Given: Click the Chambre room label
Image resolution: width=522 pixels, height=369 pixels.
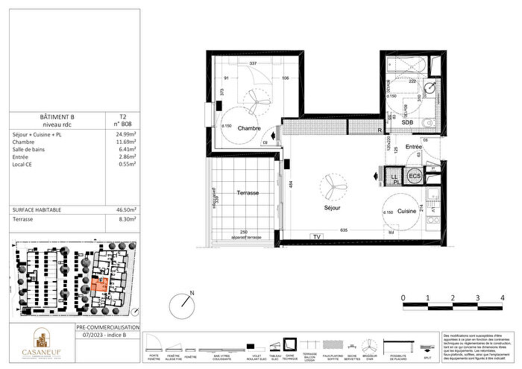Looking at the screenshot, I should point(248,128).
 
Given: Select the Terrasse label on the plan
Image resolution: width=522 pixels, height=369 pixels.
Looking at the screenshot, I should point(248,192).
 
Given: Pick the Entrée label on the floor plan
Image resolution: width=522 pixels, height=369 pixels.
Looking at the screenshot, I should point(413,147).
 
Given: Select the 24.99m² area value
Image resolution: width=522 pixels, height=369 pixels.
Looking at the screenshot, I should point(114,134).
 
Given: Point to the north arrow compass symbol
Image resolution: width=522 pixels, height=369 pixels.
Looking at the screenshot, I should point(182,305).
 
